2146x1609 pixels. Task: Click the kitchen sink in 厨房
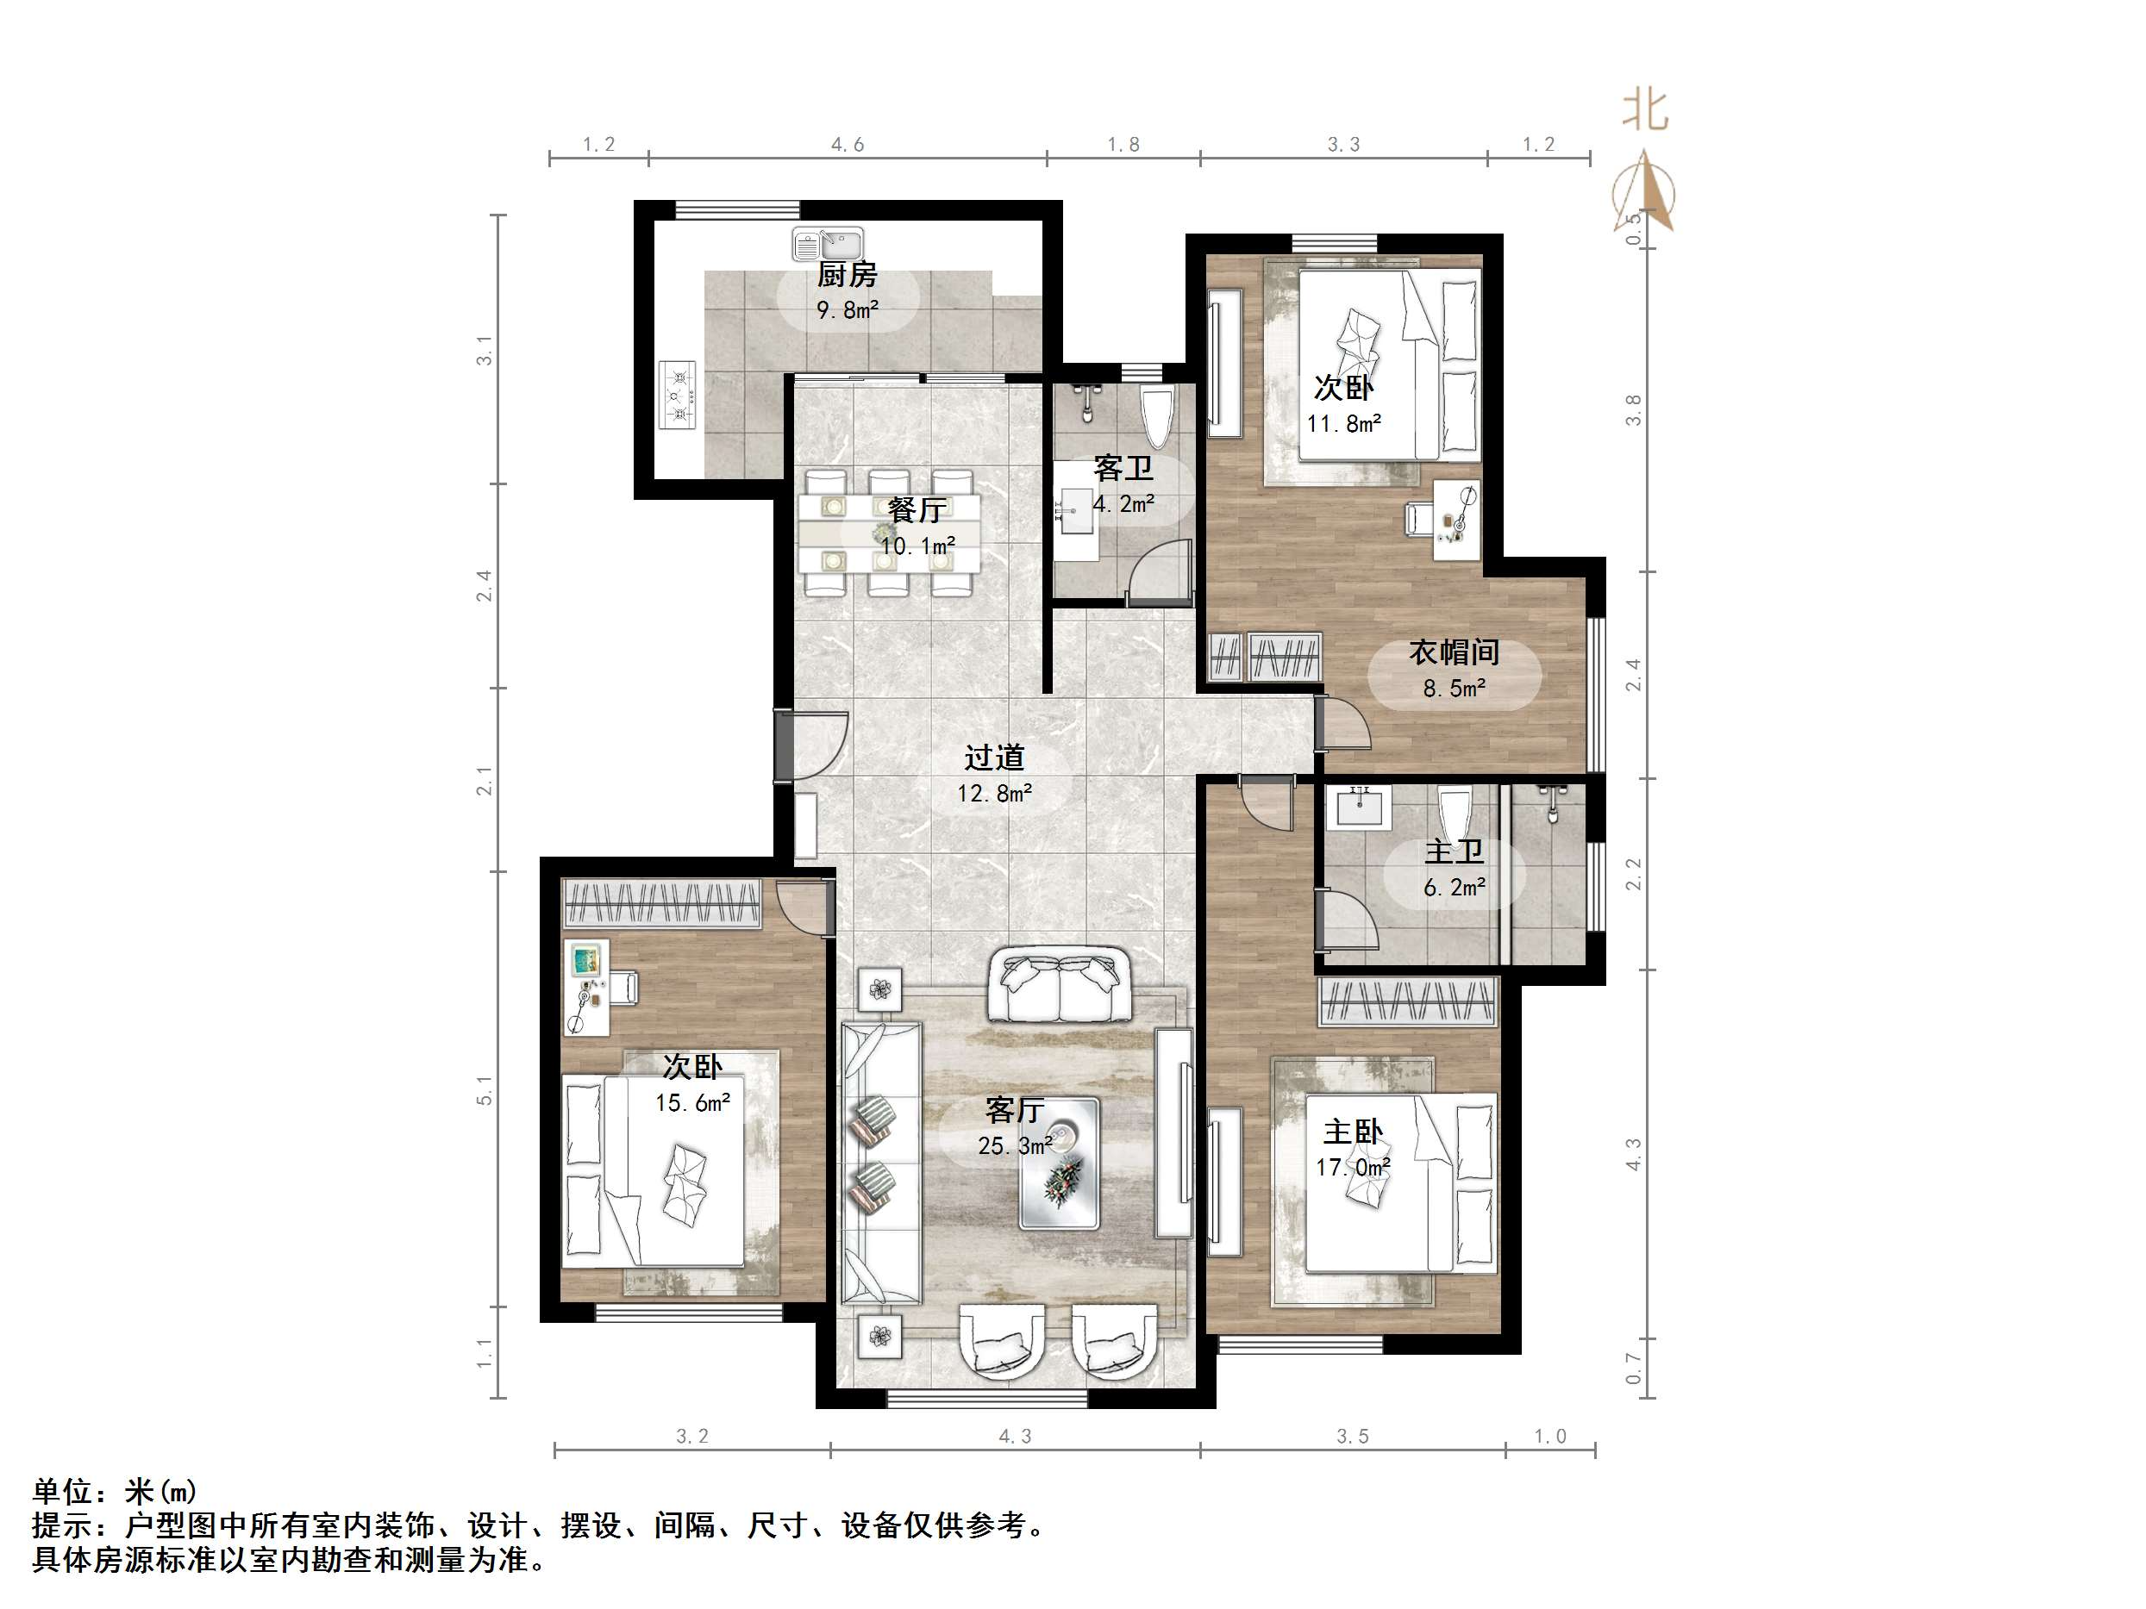pos(828,245)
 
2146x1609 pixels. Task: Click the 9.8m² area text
pos(848,310)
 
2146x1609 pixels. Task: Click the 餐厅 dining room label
pos(917,510)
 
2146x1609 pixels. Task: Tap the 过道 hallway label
pos(994,758)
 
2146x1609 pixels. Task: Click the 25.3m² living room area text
pos(1016,1146)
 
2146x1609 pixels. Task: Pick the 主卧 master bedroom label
pos(1354,1132)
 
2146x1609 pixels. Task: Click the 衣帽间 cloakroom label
pos(1455,652)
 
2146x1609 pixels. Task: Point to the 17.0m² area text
pos(1354,1168)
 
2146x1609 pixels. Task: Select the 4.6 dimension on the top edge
pos(847,145)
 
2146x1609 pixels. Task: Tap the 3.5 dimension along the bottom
pos(1353,1437)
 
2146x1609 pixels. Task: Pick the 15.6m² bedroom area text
pos(692,1103)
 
